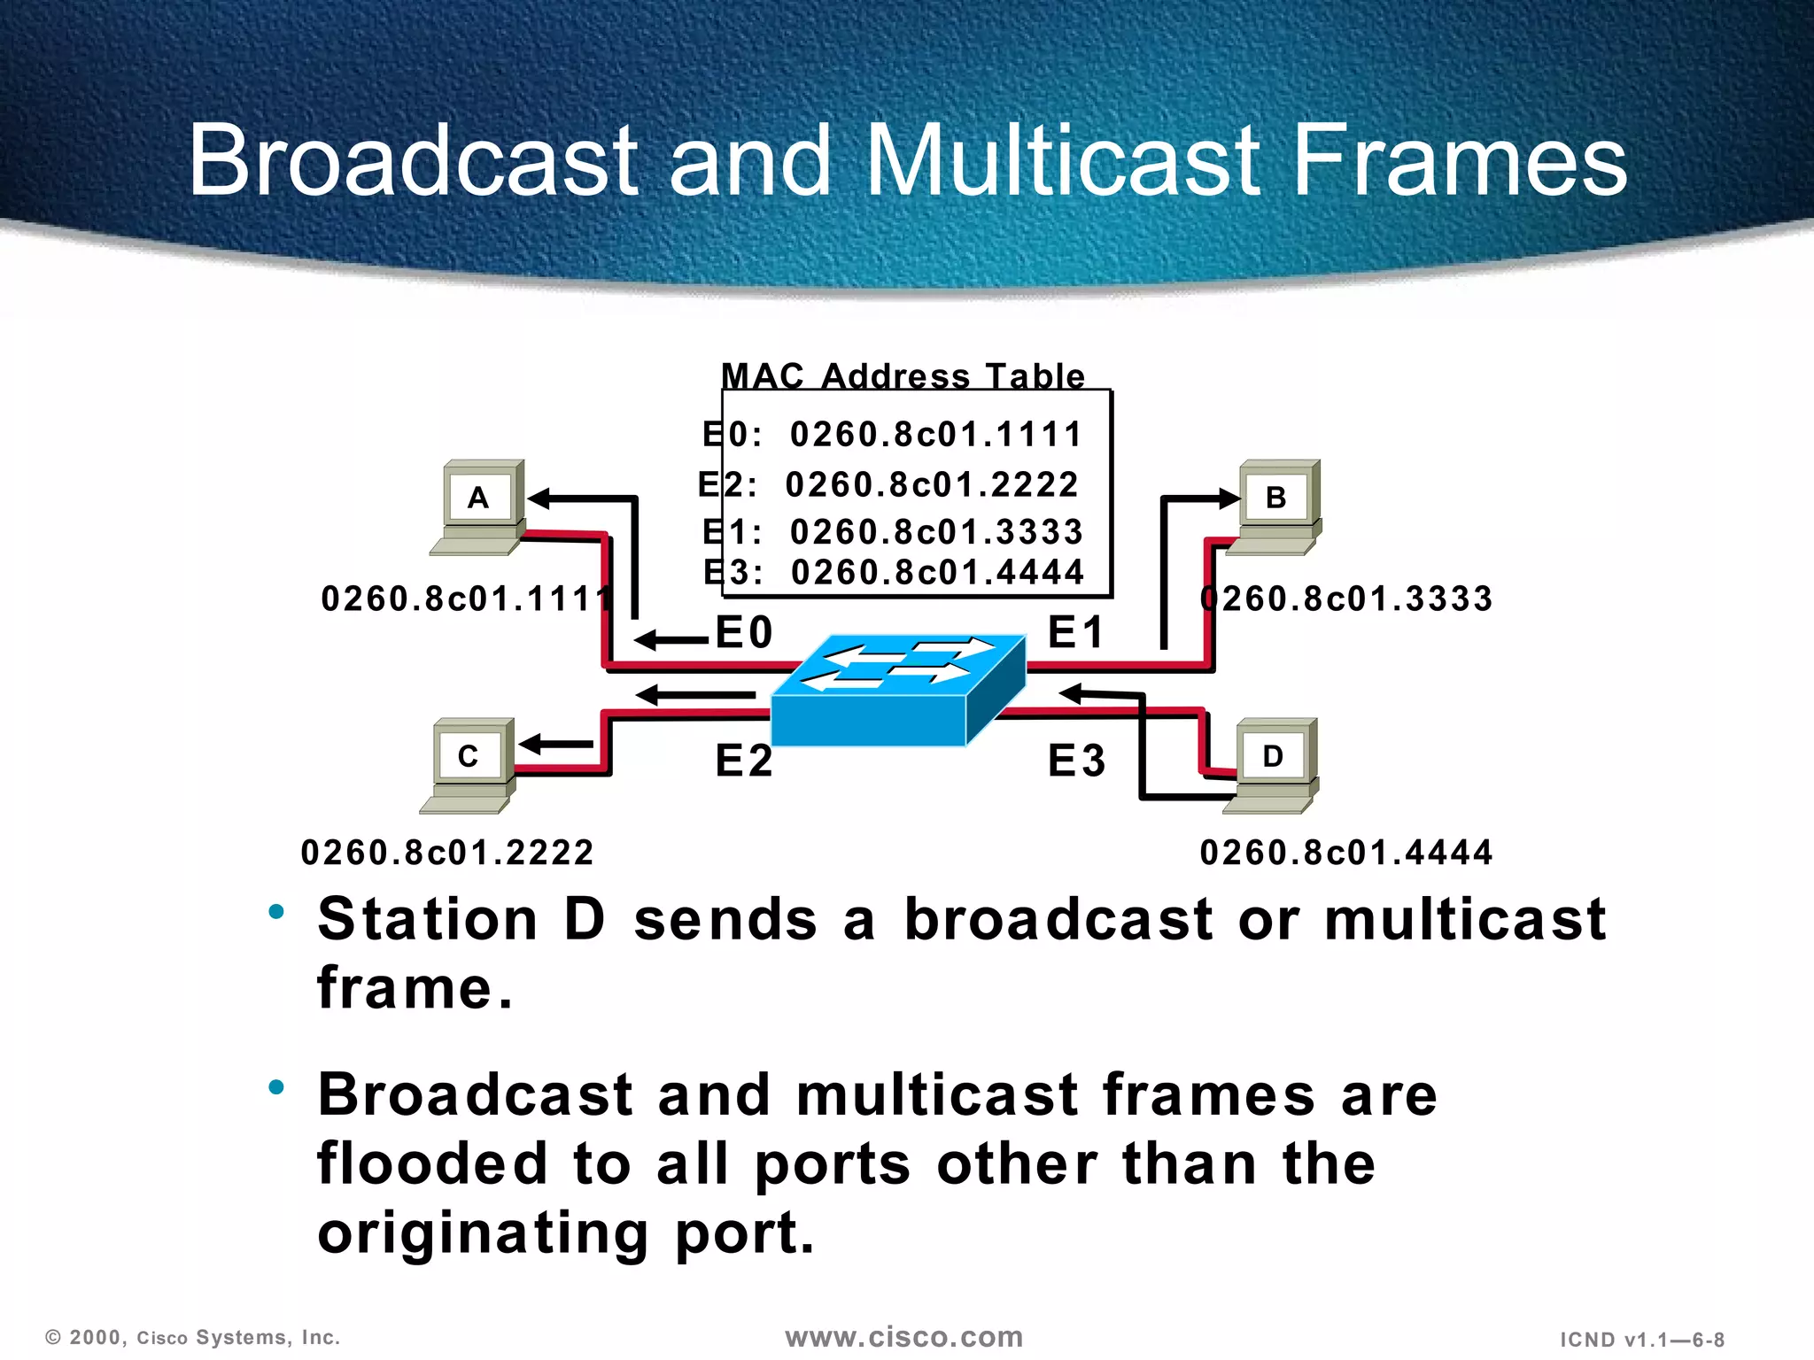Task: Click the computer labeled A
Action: click(x=478, y=506)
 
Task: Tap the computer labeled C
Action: click(x=469, y=765)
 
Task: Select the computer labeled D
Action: click(x=1273, y=765)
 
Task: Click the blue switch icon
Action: click(x=896, y=691)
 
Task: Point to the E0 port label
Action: click(x=744, y=633)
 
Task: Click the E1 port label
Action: click(x=1076, y=633)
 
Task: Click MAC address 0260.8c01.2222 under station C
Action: click(x=447, y=853)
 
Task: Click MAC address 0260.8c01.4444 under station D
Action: click(x=1346, y=853)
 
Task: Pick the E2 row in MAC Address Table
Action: click(x=890, y=485)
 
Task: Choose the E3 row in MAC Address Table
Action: click(x=895, y=573)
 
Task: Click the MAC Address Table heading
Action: click(x=903, y=376)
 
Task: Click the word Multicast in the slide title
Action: click(x=1061, y=161)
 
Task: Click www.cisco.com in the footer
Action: click(x=903, y=1337)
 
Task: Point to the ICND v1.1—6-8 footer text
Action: click(x=1641, y=1340)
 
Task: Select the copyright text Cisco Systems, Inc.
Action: click(x=237, y=1338)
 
